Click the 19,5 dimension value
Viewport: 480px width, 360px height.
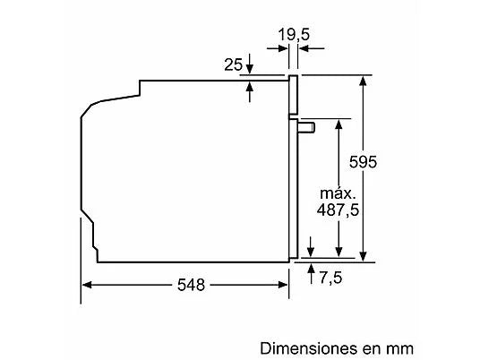pyautogui.click(x=294, y=35)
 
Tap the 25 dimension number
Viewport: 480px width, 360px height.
pyautogui.click(x=233, y=64)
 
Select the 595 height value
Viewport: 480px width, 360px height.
pyautogui.click(x=363, y=161)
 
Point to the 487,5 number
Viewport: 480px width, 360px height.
pyautogui.click(x=338, y=210)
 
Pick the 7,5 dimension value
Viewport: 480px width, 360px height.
pyautogui.click(x=330, y=278)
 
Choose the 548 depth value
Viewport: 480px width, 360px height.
pyautogui.click(x=191, y=285)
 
